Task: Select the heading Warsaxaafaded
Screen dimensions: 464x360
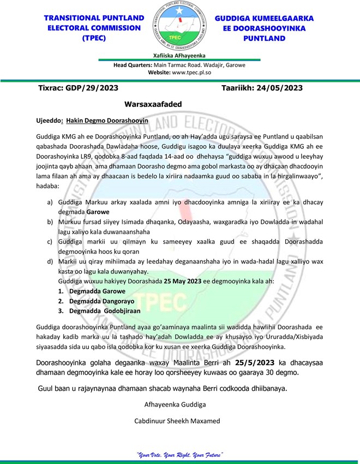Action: pyautogui.click(x=153, y=104)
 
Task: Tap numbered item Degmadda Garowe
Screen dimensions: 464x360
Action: pyautogui.click(x=93, y=291)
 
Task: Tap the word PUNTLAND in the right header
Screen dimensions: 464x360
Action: pyautogui.click(x=264, y=38)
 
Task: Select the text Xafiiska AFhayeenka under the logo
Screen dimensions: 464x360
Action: pyautogui.click(x=179, y=55)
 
